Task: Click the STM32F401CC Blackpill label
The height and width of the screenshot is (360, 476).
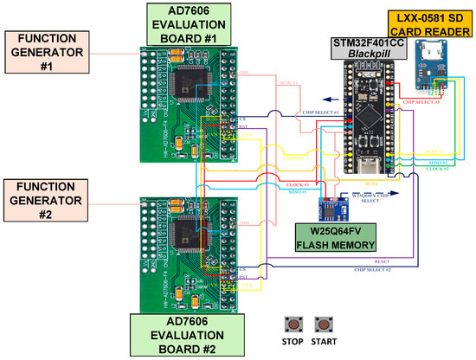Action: [358, 51]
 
